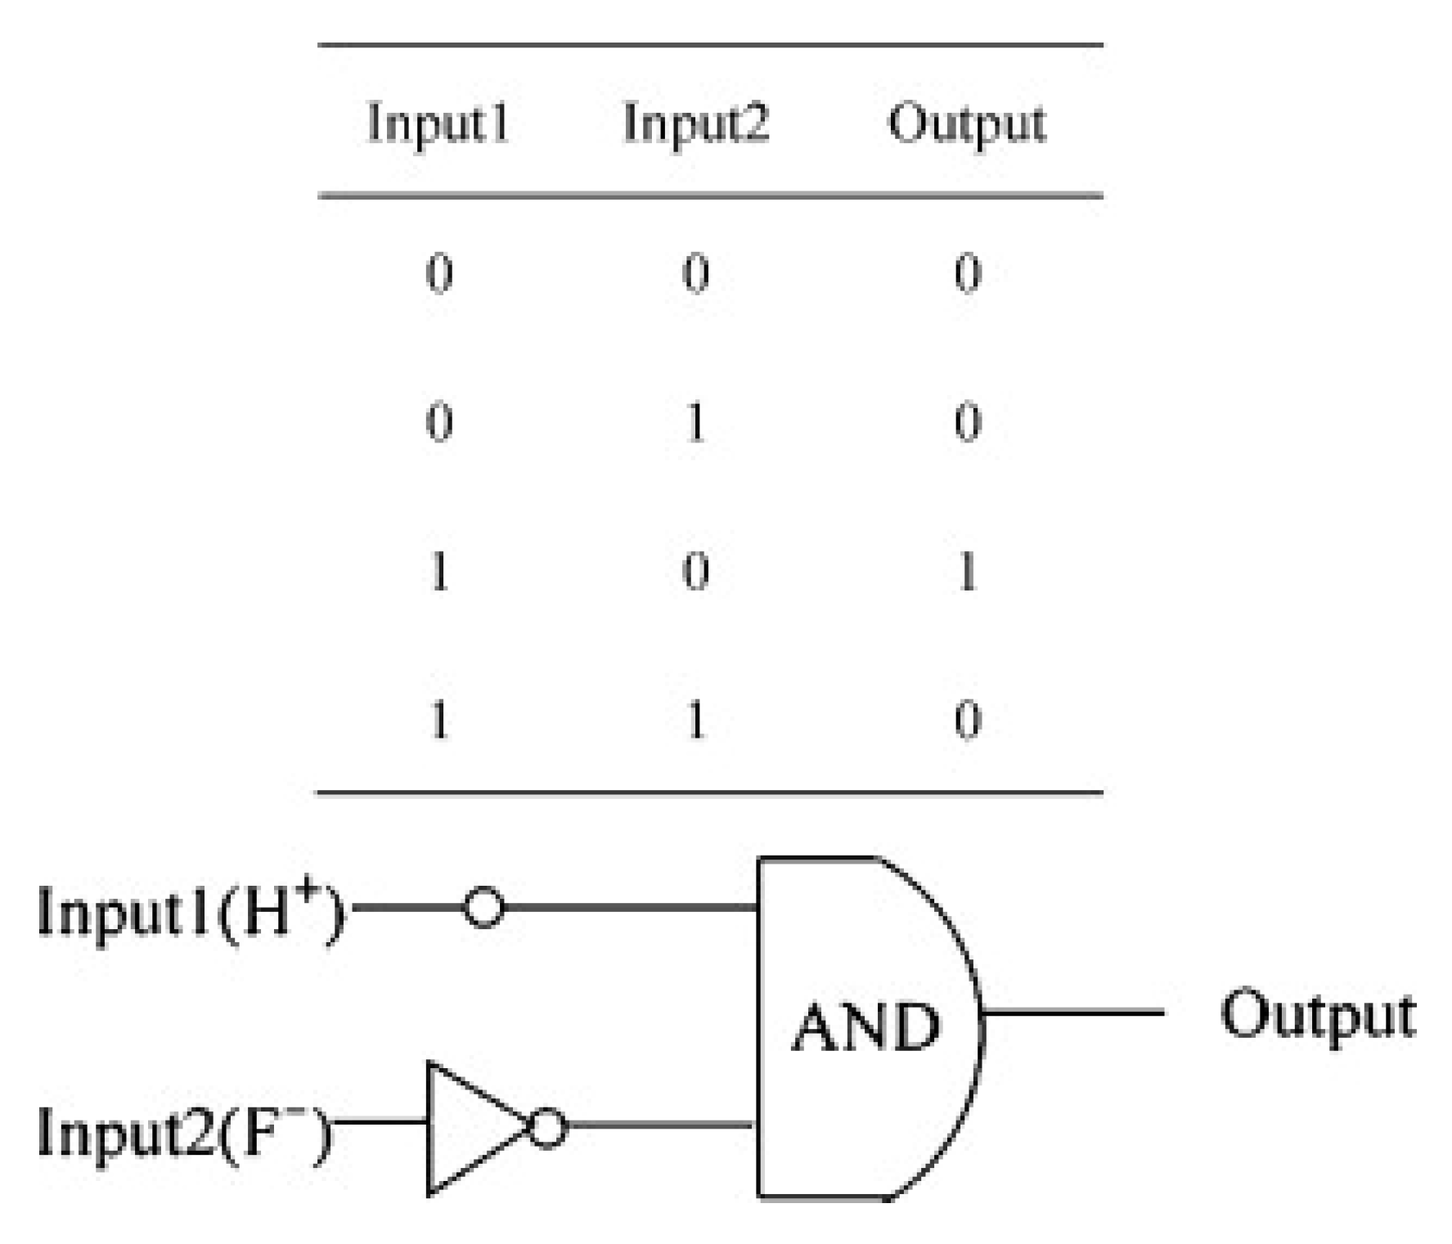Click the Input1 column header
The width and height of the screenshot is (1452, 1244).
click(x=438, y=124)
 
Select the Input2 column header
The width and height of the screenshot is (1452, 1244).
click(x=695, y=124)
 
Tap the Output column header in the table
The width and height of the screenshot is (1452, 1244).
click(x=967, y=124)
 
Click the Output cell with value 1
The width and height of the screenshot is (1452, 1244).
click(x=967, y=571)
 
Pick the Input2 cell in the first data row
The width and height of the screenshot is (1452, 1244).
click(x=695, y=273)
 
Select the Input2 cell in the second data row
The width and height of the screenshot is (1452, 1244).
click(x=695, y=423)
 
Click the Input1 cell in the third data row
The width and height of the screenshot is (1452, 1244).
click(x=439, y=571)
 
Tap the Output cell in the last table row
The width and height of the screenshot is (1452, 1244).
click(x=967, y=721)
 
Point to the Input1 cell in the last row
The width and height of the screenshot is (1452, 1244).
click(x=439, y=721)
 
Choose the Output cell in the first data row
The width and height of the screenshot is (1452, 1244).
click(x=967, y=273)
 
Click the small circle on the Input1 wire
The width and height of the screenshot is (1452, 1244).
click(x=483, y=907)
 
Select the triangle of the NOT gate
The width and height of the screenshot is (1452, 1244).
click(x=466, y=1129)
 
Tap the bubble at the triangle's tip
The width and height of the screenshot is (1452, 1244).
click(x=547, y=1129)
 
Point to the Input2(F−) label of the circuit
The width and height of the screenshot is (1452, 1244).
click(x=185, y=1134)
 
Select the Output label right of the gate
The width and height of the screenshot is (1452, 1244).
click(x=1317, y=1016)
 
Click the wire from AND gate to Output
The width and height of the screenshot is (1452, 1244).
click(x=1072, y=1013)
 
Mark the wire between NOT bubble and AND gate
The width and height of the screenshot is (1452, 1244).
click(x=659, y=1126)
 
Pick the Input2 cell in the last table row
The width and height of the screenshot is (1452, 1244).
click(x=695, y=721)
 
